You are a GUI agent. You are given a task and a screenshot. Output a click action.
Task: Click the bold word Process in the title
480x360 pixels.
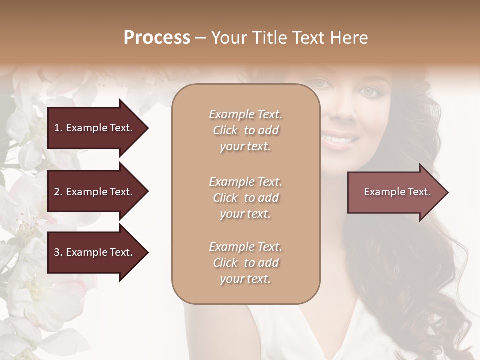[157, 38]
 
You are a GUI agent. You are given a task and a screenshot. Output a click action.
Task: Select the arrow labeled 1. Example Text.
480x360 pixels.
[95, 128]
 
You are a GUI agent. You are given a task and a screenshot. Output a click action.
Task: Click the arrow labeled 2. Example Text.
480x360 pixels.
[95, 192]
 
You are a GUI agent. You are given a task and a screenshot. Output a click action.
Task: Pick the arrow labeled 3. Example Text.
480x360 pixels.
[95, 252]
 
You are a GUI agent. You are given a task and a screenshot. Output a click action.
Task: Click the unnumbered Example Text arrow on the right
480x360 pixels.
[395, 192]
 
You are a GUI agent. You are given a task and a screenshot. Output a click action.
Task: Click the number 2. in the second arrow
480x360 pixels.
[58, 192]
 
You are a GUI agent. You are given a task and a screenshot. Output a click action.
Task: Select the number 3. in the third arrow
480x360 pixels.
[58, 252]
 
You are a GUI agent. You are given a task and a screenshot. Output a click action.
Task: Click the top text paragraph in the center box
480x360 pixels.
[245, 130]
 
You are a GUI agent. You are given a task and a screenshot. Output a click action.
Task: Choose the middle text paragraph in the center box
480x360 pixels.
[245, 198]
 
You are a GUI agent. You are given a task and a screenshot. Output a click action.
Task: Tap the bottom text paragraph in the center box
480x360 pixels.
[245, 263]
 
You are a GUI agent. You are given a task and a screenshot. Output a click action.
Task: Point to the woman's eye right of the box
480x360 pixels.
[369, 92]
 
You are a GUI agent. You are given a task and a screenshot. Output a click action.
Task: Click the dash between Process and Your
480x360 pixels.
[201, 38]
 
